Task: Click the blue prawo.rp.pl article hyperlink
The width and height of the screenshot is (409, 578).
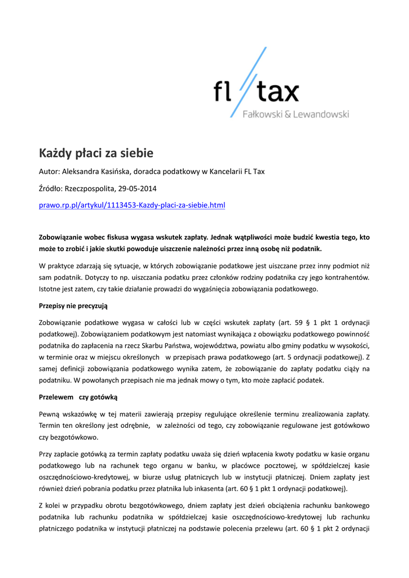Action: tap(131, 205)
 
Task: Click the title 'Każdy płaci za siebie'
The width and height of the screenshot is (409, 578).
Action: tap(96, 153)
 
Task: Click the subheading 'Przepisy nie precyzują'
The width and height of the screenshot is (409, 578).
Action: tap(73, 305)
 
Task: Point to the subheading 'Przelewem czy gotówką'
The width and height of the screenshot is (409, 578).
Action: tap(77, 397)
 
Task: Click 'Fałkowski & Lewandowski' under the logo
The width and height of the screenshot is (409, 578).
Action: tap(295, 115)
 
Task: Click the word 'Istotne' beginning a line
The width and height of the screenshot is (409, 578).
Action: tap(50, 289)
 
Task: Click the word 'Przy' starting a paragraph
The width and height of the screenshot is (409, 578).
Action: tap(46, 454)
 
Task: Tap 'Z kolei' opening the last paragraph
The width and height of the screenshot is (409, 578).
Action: tap(50, 505)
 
